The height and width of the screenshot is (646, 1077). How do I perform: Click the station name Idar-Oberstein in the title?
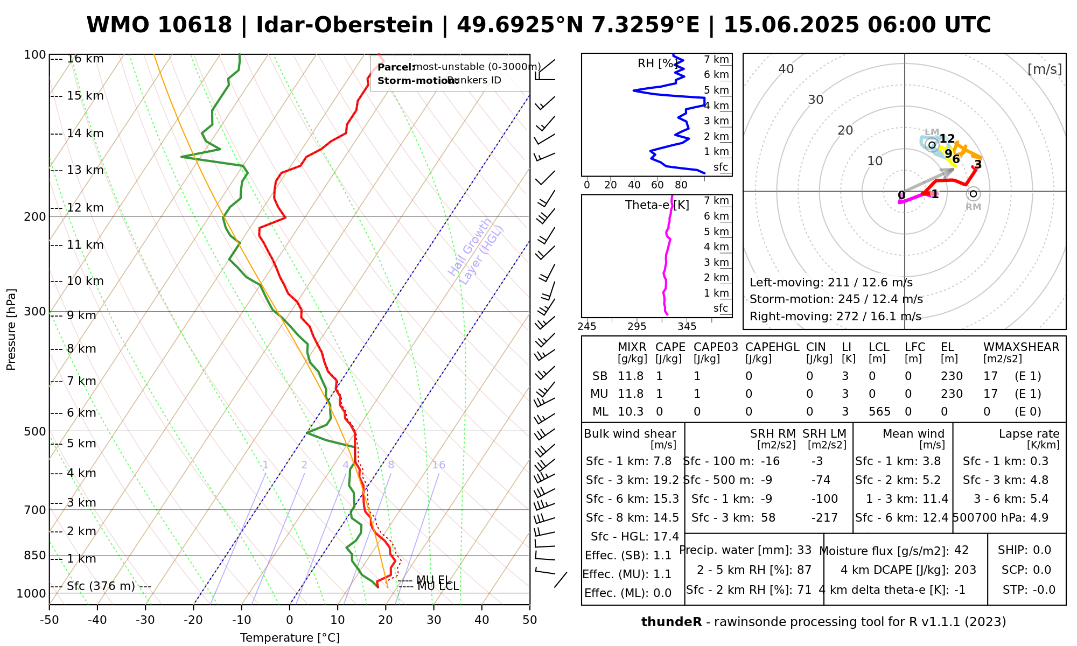344,25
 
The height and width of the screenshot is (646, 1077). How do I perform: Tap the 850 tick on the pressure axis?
35,555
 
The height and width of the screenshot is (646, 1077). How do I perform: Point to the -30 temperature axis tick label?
145,620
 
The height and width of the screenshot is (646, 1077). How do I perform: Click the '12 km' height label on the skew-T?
85,208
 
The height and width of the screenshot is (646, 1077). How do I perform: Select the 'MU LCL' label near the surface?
438,586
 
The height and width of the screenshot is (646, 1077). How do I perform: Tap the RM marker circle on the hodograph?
973,194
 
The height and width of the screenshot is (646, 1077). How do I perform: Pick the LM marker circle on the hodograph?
932,144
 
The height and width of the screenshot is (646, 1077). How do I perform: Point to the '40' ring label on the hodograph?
786,69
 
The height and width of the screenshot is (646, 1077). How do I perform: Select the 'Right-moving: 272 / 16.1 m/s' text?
835,317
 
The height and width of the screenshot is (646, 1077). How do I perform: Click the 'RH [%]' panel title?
656,64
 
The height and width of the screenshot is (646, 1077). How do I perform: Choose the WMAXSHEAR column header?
1021,347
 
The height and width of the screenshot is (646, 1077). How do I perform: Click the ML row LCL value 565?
879,412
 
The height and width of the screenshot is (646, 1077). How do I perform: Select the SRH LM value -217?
824,518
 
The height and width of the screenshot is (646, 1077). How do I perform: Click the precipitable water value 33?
804,550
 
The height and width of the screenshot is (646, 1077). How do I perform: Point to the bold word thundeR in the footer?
671,622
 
